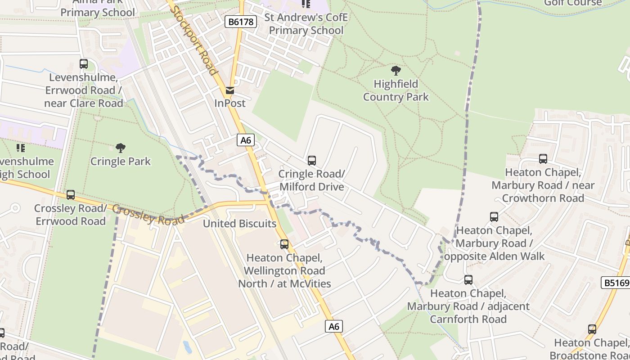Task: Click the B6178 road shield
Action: pyautogui.click(x=241, y=22)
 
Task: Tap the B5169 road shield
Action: pyautogui.click(x=616, y=283)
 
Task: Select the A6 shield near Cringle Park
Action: pyautogui.click(x=246, y=140)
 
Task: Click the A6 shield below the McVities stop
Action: pyautogui.click(x=334, y=326)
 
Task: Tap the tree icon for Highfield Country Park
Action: pyautogui.click(x=396, y=70)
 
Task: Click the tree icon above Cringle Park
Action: pyautogui.click(x=120, y=148)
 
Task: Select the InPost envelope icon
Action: pyautogui.click(x=230, y=90)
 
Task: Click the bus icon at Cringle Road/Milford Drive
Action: pyautogui.click(x=311, y=160)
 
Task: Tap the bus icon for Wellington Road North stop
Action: pyautogui.click(x=284, y=244)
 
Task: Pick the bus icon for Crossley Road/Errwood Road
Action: pyautogui.click(x=71, y=195)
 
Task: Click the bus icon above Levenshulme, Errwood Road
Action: pyautogui.click(x=84, y=64)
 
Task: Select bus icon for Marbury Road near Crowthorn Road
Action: pyautogui.click(x=543, y=159)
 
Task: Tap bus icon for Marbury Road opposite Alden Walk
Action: pyautogui.click(x=494, y=217)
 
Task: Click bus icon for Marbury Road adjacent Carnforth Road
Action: pyautogui.click(x=468, y=280)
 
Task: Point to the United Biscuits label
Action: pyautogui.click(x=239, y=224)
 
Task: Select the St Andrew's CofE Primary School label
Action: pyautogui.click(x=306, y=24)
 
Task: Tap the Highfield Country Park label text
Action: pyautogui.click(x=396, y=90)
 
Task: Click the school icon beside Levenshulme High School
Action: pyautogui.click(x=20, y=148)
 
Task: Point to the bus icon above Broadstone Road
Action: pyautogui.click(x=592, y=329)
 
